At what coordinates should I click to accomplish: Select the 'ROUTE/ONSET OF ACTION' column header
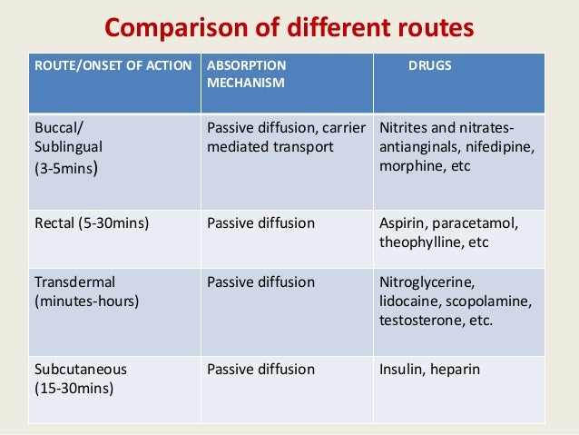tap(113, 66)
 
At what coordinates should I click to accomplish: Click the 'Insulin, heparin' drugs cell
tap(429, 370)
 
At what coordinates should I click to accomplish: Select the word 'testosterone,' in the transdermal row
tap(420, 319)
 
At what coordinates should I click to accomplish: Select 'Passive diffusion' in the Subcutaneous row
tap(261, 370)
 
